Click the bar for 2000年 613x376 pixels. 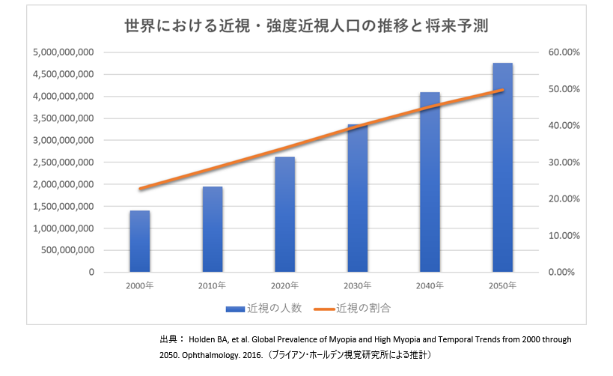(x=139, y=241)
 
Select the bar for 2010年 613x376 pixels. (x=212, y=229)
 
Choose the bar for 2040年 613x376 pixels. (x=430, y=182)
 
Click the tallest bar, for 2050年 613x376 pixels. (x=502, y=167)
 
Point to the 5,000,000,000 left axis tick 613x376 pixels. (x=63, y=52)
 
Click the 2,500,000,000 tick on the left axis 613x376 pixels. (x=63, y=163)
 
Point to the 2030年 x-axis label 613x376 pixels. (x=356, y=285)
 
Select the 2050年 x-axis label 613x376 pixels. (x=501, y=285)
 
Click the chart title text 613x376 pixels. (x=306, y=26)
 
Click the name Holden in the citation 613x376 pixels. (x=213, y=339)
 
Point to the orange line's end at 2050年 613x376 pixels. (x=502, y=90)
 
